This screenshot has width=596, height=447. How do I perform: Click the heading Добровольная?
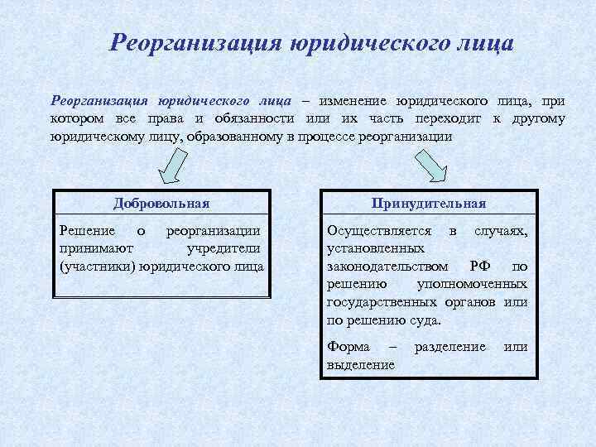point(161,203)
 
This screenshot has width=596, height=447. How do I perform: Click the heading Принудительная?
point(429,203)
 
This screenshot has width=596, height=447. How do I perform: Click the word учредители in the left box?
point(223,248)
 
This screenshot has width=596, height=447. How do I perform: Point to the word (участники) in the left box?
point(96,266)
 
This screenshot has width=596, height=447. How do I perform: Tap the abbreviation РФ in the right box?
point(479,266)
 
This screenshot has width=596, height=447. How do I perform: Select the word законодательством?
point(389,266)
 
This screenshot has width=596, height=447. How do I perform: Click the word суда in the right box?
point(425,320)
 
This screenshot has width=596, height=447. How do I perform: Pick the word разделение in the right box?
point(449,347)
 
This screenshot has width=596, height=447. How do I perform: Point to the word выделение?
point(361,364)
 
